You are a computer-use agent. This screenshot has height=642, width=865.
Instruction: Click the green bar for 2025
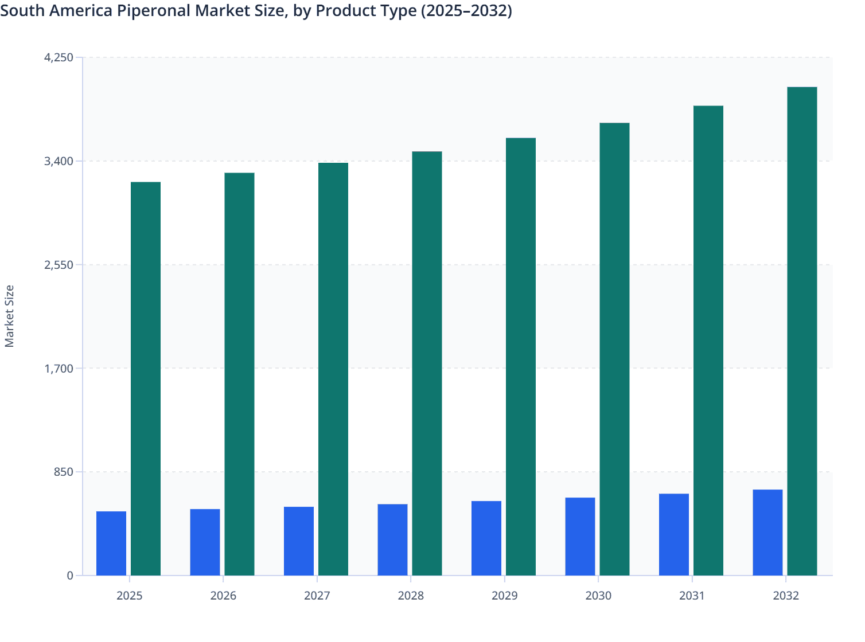point(146,378)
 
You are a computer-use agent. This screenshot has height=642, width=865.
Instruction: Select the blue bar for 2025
point(111,543)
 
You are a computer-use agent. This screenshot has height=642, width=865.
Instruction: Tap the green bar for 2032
point(802,331)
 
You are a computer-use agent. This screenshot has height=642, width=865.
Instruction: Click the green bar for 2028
point(427,363)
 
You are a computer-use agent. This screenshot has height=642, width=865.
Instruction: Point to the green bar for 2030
point(614,349)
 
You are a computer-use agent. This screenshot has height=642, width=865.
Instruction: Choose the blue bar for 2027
point(299,541)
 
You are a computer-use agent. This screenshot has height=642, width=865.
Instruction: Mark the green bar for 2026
point(239,374)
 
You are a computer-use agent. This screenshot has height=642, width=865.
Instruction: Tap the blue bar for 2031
point(674,534)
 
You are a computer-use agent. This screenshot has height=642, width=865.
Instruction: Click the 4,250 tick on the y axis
point(59,57)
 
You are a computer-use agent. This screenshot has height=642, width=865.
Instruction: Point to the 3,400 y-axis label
point(59,161)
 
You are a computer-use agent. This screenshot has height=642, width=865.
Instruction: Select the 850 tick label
point(63,472)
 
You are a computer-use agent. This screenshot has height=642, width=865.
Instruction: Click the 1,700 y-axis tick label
point(59,368)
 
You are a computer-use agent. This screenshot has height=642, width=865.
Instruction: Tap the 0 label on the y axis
point(70,576)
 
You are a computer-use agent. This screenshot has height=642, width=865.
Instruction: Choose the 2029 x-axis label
point(504,596)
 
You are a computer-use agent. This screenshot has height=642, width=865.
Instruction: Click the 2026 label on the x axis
point(223,596)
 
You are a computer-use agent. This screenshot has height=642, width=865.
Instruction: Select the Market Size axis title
point(10,316)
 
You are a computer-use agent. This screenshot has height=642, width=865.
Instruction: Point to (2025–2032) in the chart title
point(466,10)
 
